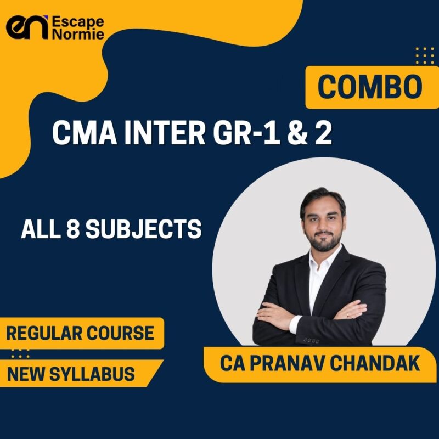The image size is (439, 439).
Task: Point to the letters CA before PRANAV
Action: point(232,364)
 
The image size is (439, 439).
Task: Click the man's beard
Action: point(322,239)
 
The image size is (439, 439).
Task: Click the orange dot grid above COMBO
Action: point(424,55)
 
